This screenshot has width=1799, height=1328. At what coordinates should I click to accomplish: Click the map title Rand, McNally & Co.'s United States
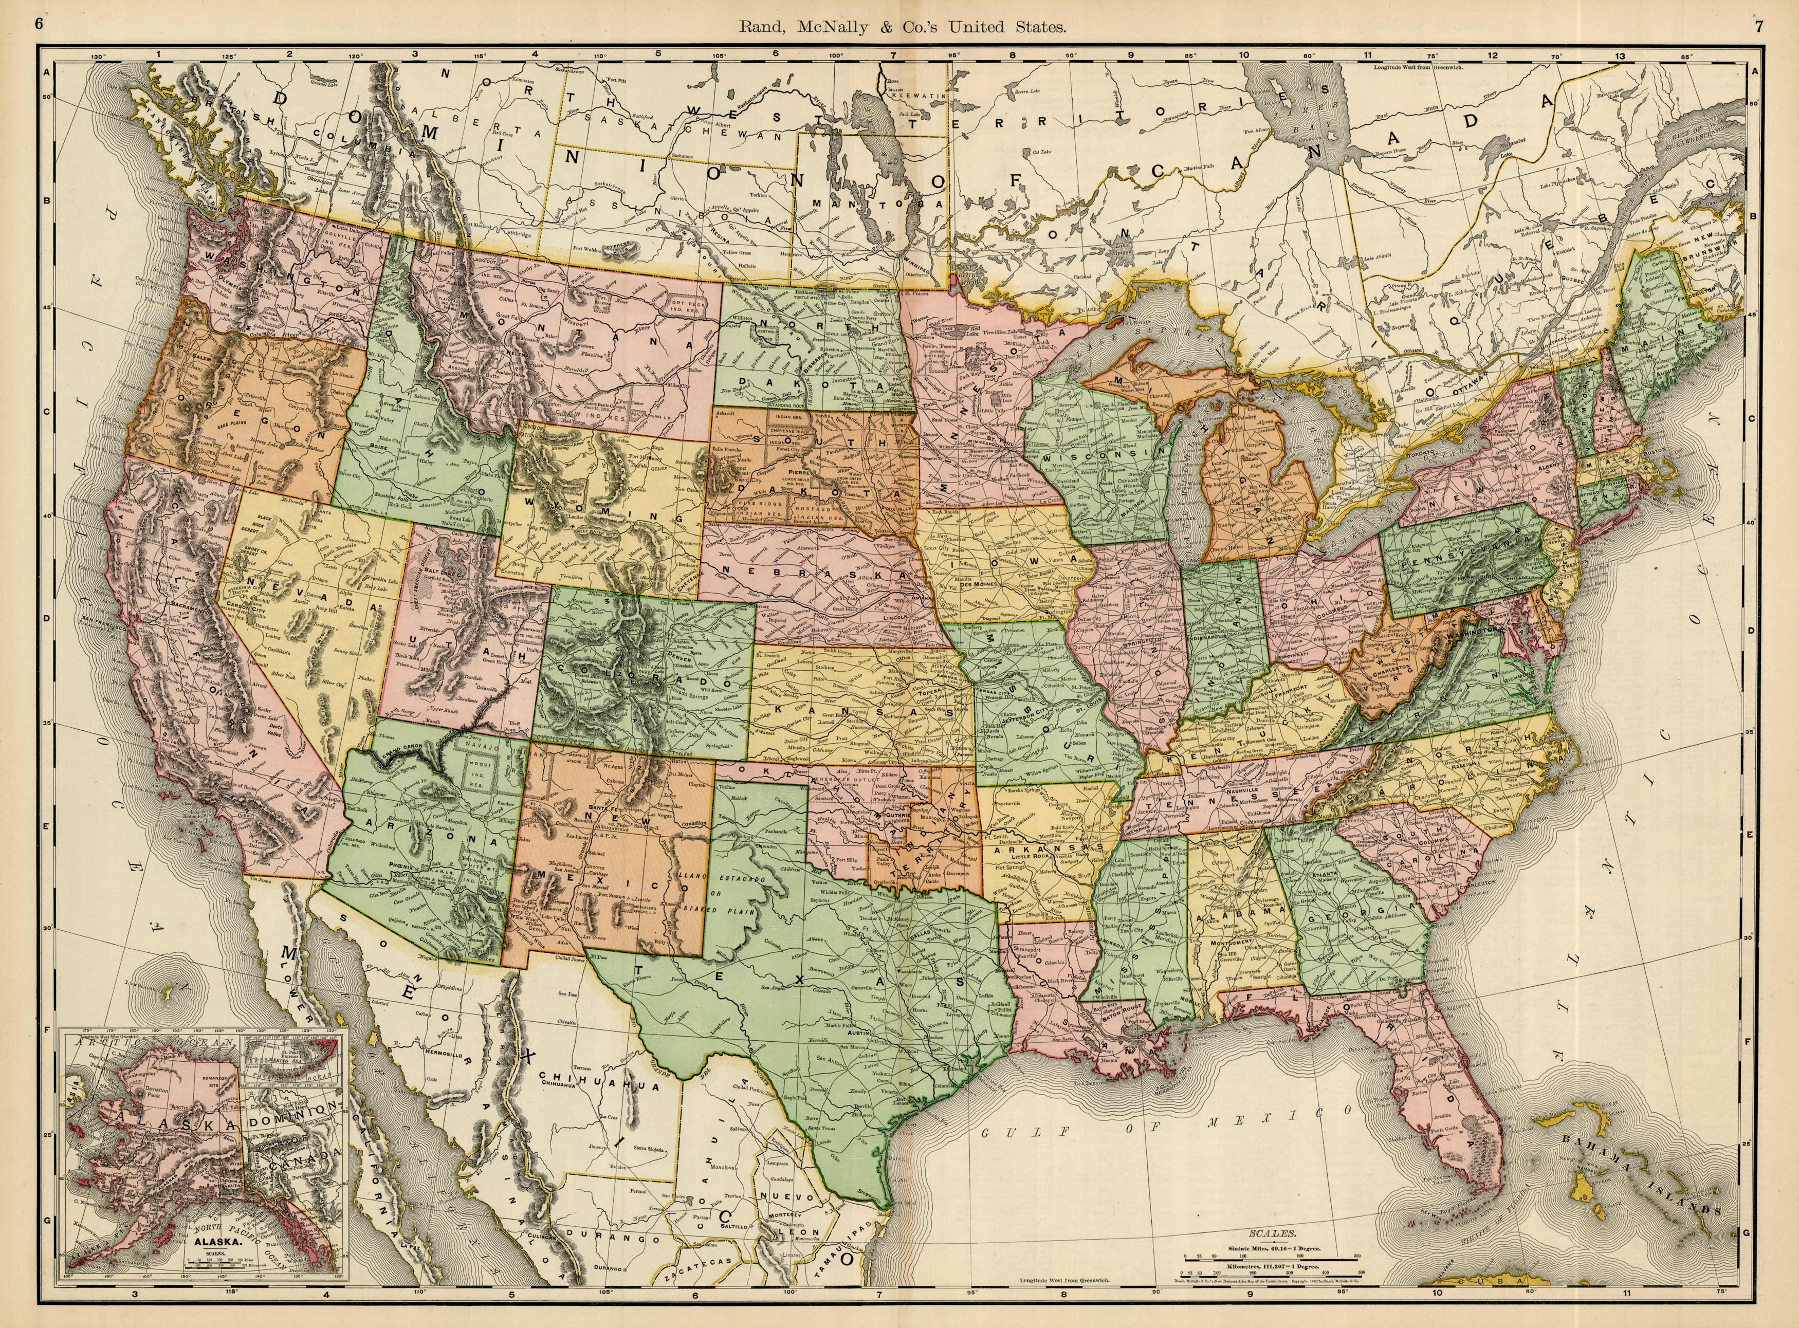tap(904, 27)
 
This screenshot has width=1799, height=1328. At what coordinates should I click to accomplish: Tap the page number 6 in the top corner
tap(38, 23)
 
